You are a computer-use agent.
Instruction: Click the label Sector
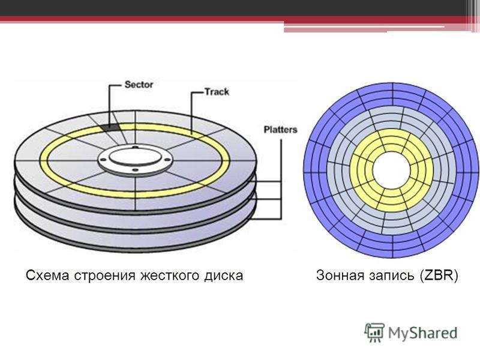pyautogui.click(x=139, y=85)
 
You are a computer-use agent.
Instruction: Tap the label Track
pyautogui.click(x=217, y=92)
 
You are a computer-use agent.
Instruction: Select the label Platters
pyautogui.click(x=280, y=130)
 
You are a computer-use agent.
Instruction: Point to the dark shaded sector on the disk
pyautogui.click(x=110, y=127)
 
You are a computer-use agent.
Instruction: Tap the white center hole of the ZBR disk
pyautogui.click(x=391, y=171)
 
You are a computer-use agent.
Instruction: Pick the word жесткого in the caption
pyautogui.click(x=170, y=275)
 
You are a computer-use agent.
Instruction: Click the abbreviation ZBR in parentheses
pyautogui.click(x=438, y=275)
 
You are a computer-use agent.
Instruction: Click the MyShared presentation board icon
pyautogui.click(x=374, y=332)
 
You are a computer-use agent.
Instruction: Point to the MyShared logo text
pyautogui.click(x=422, y=333)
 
